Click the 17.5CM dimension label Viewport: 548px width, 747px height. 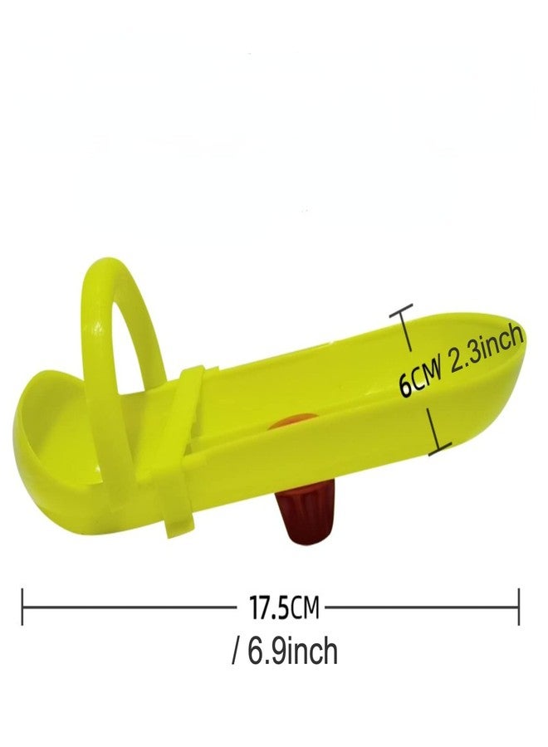tap(284, 607)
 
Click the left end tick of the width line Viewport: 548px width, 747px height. tap(22, 607)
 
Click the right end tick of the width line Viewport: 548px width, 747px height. tap(518, 607)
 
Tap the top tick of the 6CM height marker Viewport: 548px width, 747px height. tap(401, 310)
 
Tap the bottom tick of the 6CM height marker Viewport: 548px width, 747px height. tap(440, 449)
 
